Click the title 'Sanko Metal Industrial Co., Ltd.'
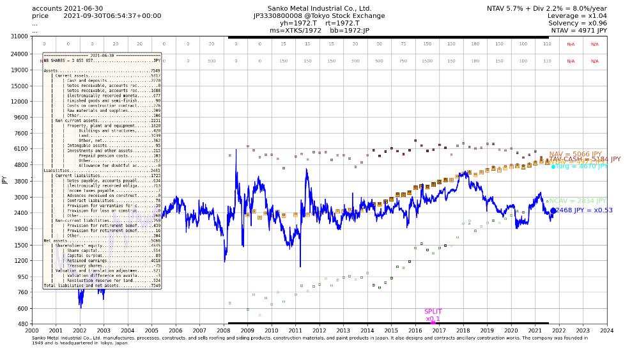pyautogui.click(x=319, y=8)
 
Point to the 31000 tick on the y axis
pyautogui.click(x=18, y=36)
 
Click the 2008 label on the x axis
pyautogui.click(x=223, y=331)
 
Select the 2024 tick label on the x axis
pyautogui.click(x=606, y=331)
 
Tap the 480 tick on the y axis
pyautogui.click(x=22, y=324)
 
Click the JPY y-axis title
pyautogui.click(x=5, y=180)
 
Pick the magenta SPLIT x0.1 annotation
pyautogui.click(x=433, y=315)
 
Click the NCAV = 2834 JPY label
pyautogui.click(x=577, y=201)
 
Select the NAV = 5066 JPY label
pyautogui.click(x=575, y=155)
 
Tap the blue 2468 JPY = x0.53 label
pyautogui.click(x=584, y=210)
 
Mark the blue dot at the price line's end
pyautogui.click(x=553, y=210)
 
